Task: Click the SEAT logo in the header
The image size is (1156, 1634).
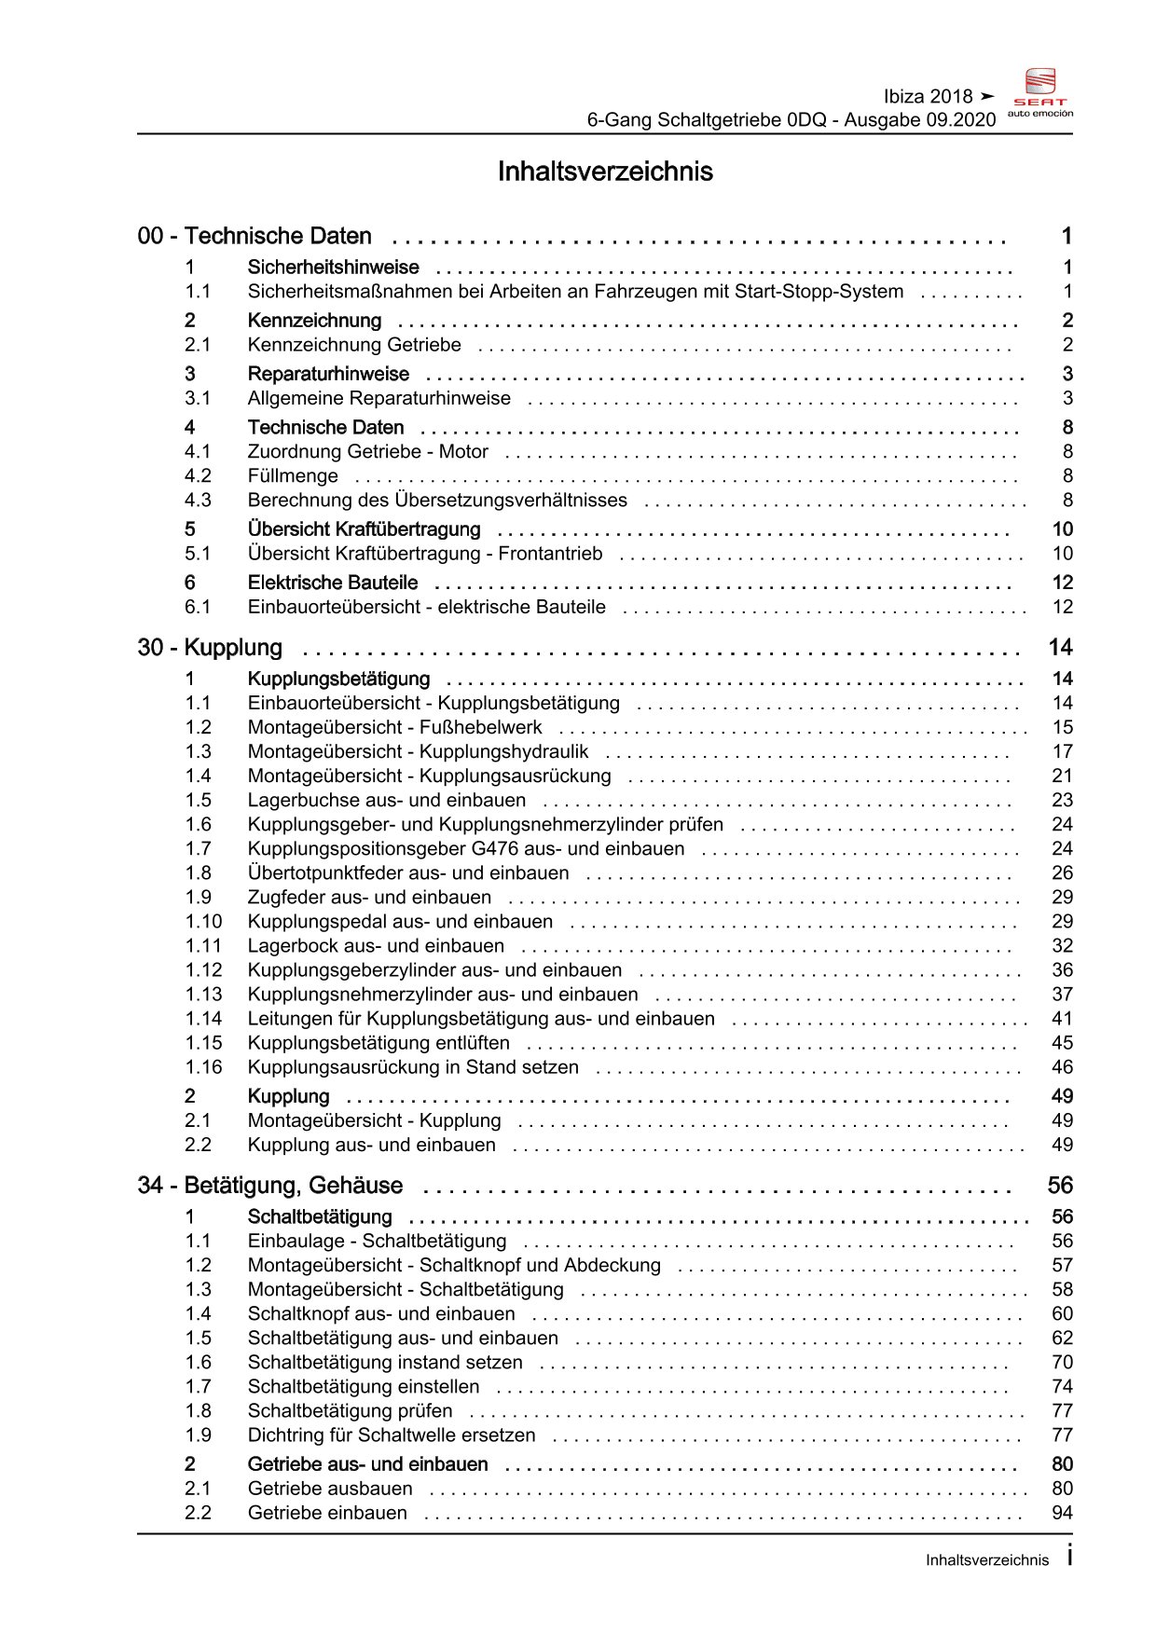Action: point(1040,92)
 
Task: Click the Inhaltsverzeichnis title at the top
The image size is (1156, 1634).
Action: point(605,172)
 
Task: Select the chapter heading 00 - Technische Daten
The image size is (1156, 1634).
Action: point(255,236)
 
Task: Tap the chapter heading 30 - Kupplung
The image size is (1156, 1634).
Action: point(210,648)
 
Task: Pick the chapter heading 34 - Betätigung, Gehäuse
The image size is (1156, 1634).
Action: point(270,1186)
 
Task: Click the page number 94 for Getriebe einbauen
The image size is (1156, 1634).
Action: point(1062,1513)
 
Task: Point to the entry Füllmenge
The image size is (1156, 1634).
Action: point(293,475)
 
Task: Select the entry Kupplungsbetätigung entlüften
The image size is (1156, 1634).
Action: point(378,1043)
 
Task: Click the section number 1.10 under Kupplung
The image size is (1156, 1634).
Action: point(203,922)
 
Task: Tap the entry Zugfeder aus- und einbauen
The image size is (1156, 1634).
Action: point(369,898)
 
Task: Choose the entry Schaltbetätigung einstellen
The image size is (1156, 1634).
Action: point(364,1386)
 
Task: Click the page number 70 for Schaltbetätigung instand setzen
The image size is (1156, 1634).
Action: point(1062,1362)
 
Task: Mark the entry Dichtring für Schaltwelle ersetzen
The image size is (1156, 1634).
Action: point(392,1435)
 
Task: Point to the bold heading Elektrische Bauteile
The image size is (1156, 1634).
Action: point(333,583)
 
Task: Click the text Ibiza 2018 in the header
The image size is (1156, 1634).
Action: point(928,96)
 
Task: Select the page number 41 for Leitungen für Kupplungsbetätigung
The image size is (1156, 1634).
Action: point(1062,1019)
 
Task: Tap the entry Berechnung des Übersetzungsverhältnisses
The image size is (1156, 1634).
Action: point(437,500)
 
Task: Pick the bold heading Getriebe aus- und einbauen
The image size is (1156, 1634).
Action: point(367,1464)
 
